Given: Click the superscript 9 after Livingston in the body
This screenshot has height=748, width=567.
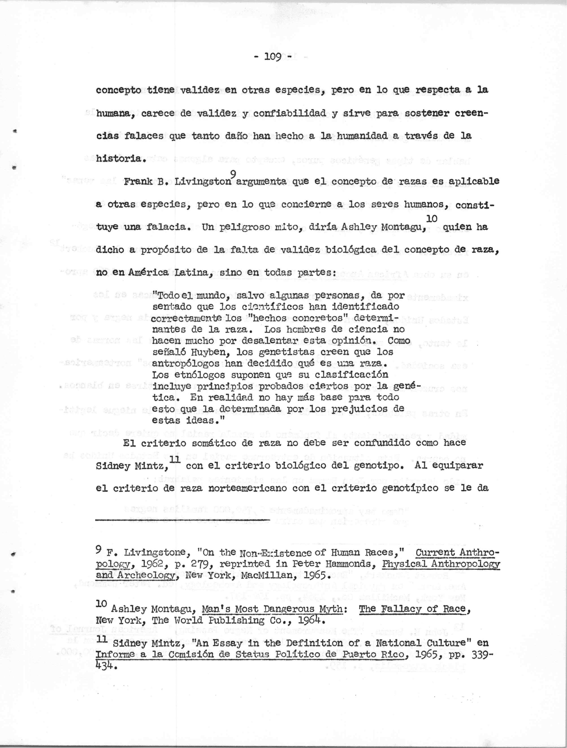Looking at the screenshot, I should [233, 174].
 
